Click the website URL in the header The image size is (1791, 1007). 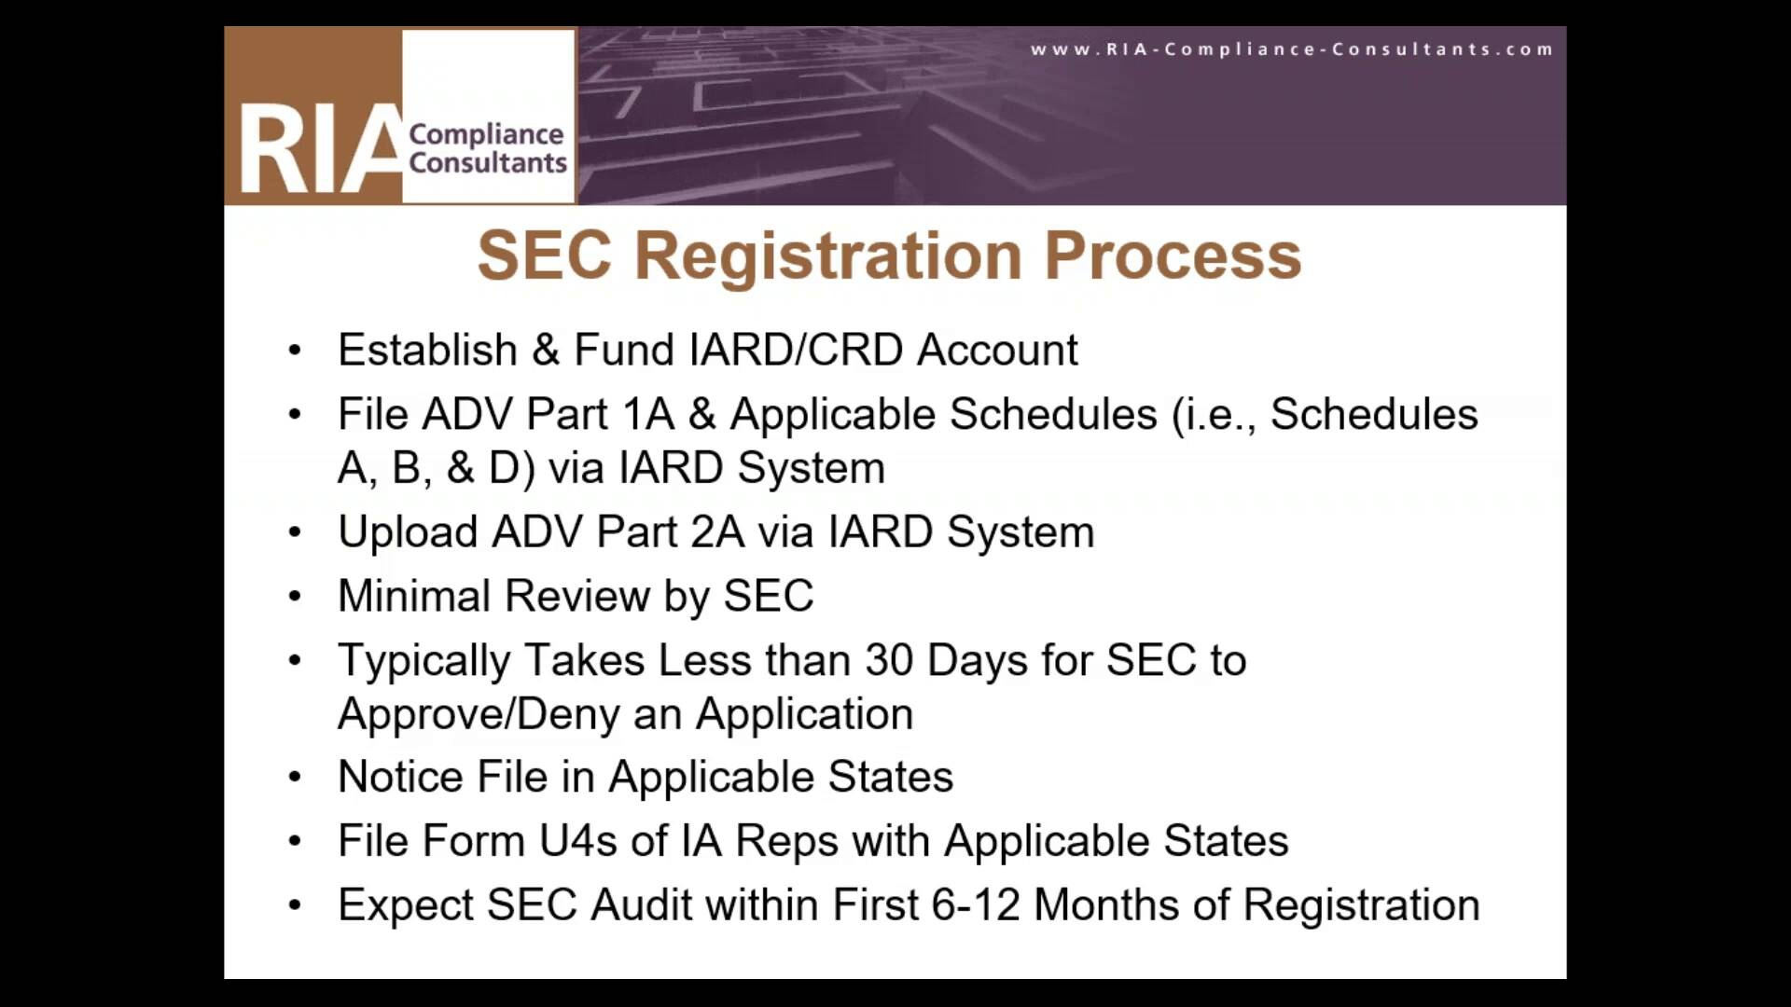1292,49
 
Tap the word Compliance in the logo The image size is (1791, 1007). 486,134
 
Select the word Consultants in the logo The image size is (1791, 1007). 488,162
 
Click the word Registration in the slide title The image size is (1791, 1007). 828,255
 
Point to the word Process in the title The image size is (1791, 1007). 1173,255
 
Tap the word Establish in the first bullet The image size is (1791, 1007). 427,350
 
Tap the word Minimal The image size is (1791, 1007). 414,596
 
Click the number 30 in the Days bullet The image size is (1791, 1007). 889,660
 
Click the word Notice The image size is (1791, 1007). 400,777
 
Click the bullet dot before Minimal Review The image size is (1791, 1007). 295,596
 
